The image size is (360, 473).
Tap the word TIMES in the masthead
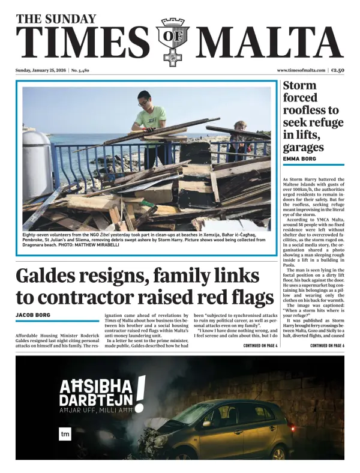[x=84, y=42]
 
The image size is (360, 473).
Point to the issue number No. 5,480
[x=80, y=70]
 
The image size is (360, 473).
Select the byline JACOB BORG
[x=32, y=315]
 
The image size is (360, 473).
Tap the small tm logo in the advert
[x=65, y=433]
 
